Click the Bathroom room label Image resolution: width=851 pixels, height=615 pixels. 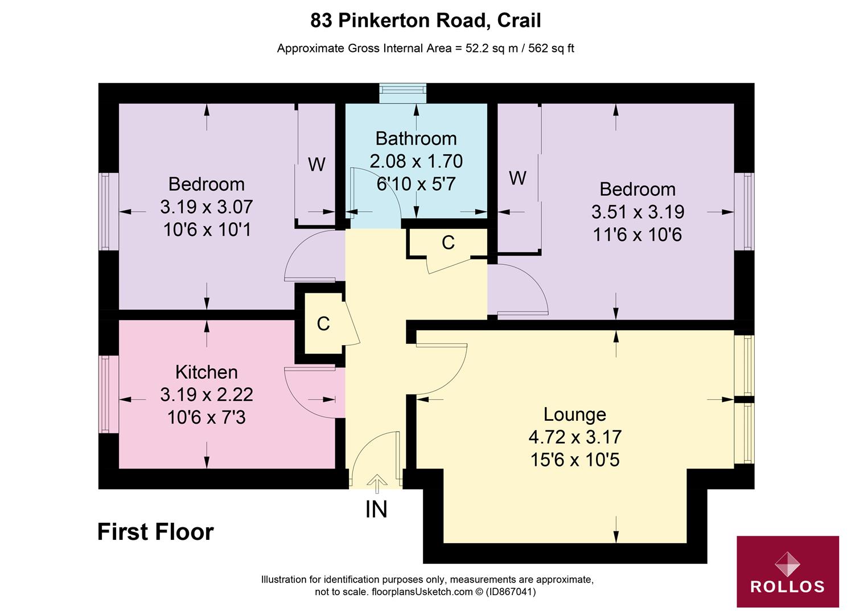[x=416, y=139]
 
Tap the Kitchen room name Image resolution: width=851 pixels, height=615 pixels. [x=206, y=372]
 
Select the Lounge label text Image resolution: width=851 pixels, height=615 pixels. [x=575, y=415]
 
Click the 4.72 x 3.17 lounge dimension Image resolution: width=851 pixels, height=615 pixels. [x=575, y=437]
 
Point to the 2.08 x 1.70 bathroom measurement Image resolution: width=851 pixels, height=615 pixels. [x=416, y=161]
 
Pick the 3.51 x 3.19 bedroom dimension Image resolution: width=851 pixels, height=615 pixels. [x=638, y=212]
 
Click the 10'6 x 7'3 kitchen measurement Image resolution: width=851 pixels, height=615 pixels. [x=206, y=417]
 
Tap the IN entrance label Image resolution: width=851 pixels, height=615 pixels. [x=376, y=509]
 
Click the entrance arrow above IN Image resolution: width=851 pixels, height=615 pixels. [x=377, y=483]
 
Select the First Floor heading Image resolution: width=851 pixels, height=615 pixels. [x=155, y=532]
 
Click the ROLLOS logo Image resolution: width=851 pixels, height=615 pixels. [x=788, y=571]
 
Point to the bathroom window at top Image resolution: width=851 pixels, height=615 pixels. [x=402, y=93]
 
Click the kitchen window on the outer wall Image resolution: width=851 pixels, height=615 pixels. [x=109, y=394]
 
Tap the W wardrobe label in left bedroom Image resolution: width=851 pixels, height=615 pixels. [x=316, y=165]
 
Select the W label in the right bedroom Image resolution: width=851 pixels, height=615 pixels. [x=517, y=178]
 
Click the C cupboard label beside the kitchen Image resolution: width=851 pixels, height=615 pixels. [x=323, y=324]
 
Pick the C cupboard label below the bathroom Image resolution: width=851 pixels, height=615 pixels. [x=448, y=242]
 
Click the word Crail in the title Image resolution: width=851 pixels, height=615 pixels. [x=519, y=20]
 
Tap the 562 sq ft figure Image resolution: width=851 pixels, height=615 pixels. [x=551, y=48]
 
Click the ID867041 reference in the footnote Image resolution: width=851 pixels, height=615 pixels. [x=511, y=592]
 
